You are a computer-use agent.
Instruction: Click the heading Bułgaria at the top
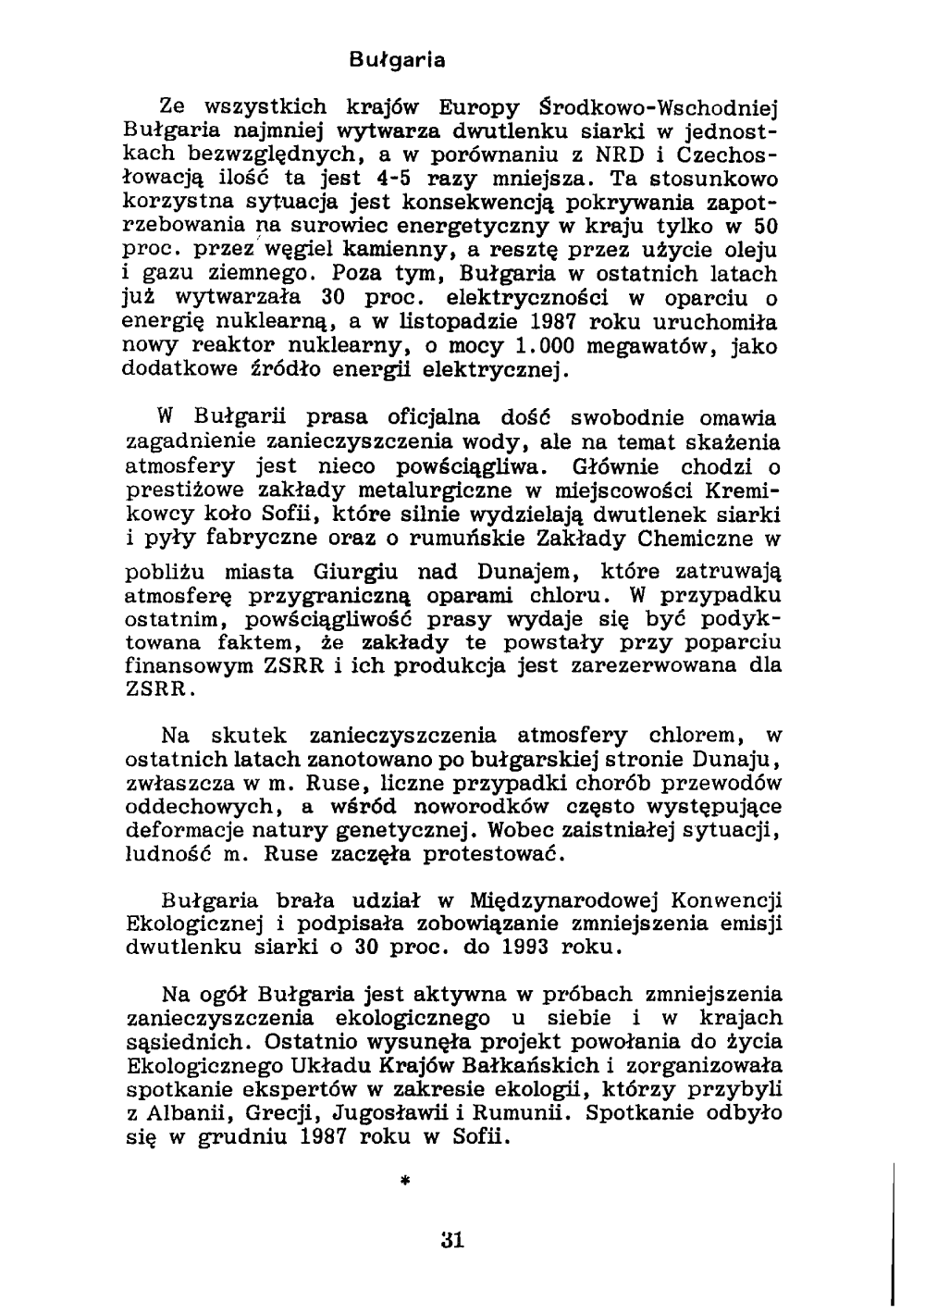[x=399, y=61]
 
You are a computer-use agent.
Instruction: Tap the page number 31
[x=452, y=1240]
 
